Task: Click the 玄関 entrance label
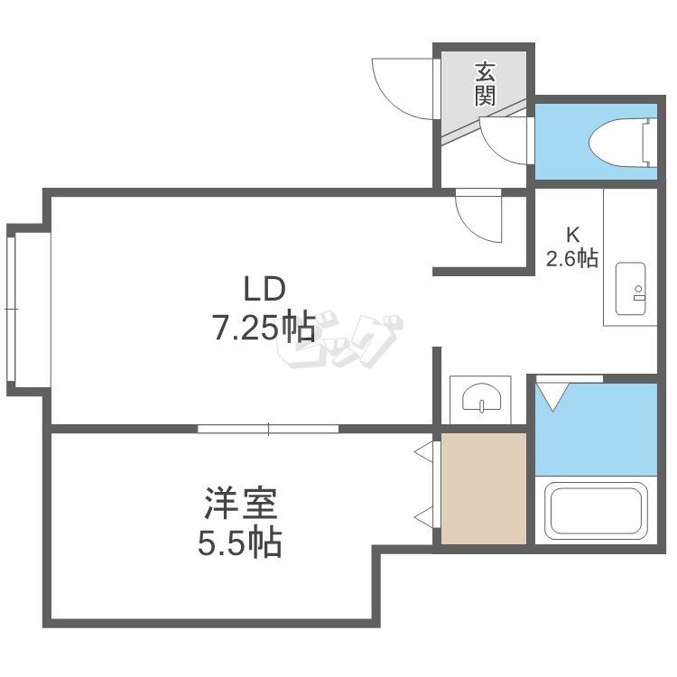pyautogui.click(x=486, y=85)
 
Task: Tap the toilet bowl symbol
pyautogui.click(x=623, y=143)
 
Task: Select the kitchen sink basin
pyautogui.click(x=630, y=289)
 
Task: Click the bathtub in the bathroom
pyautogui.click(x=596, y=511)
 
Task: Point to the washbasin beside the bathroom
pyautogui.click(x=481, y=397)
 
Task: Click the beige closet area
pyautogui.click(x=484, y=488)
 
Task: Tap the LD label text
pyautogui.click(x=264, y=289)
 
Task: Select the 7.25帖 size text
pyautogui.click(x=264, y=328)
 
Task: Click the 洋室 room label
pyautogui.click(x=240, y=503)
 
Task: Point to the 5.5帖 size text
pyautogui.click(x=239, y=542)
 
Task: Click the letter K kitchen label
pyautogui.click(x=572, y=235)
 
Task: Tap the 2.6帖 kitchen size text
pyautogui.click(x=572, y=259)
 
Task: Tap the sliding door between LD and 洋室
pyautogui.click(x=268, y=429)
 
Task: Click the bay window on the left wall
pyautogui.click(x=11, y=309)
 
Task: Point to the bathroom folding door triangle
pyautogui.click(x=552, y=397)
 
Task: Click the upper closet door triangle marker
pyautogui.click(x=423, y=452)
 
